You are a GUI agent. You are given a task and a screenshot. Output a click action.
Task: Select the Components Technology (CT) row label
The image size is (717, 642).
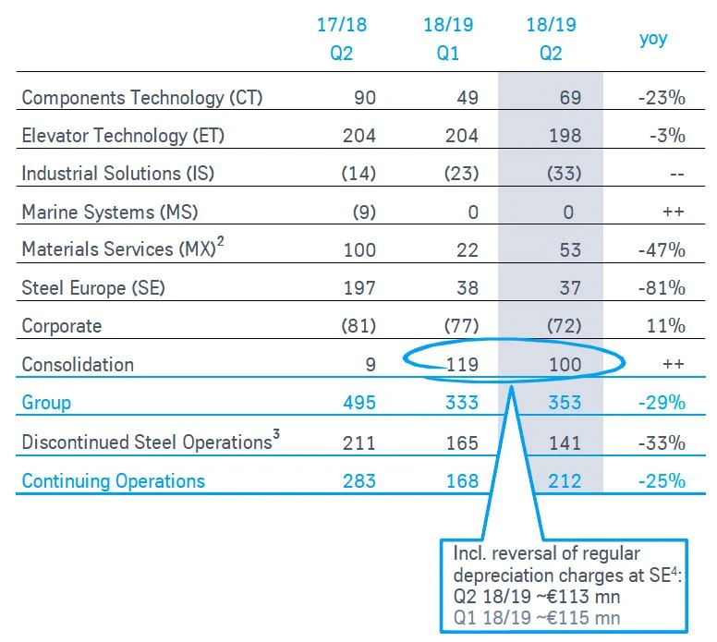click(x=141, y=97)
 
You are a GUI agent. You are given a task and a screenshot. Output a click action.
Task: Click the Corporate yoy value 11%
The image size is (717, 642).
click(x=666, y=326)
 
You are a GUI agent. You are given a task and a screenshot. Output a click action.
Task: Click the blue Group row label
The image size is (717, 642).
click(x=46, y=403)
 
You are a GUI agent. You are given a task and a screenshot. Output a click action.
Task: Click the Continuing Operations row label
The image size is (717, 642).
click(x=113, y=480)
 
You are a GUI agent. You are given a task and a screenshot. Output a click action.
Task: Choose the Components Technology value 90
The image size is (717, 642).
click(x=364, y=97)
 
